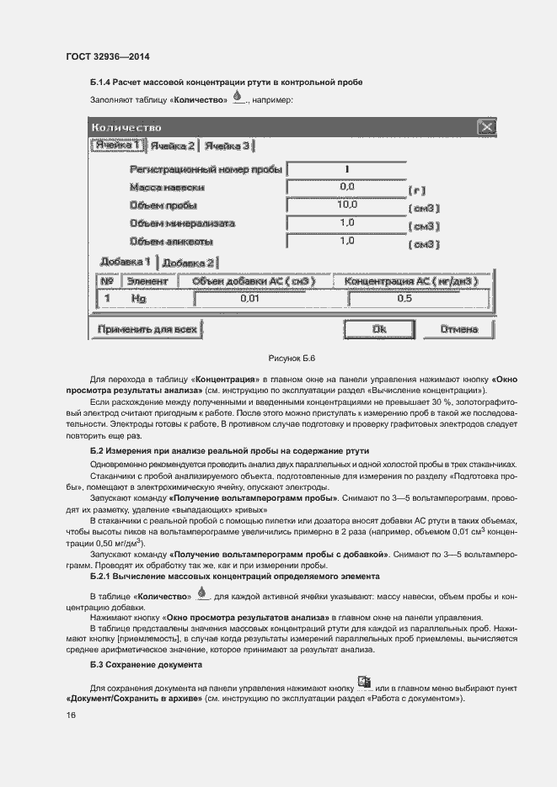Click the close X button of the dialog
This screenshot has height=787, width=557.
point(485,127)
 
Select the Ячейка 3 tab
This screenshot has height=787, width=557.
point(228,146)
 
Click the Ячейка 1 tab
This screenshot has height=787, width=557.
point(118,145)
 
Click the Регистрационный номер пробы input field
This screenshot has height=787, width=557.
point(345,168)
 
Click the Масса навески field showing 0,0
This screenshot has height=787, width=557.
point(345,186)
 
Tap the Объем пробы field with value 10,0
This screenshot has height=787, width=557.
point(345,205)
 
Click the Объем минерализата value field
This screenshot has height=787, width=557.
point(345,223)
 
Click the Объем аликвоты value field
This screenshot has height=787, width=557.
point(345,242)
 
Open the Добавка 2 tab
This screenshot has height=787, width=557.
point(189,262)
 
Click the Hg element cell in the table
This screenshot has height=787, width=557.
point(139,298)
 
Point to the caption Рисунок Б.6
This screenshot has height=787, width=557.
point(291,358)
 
